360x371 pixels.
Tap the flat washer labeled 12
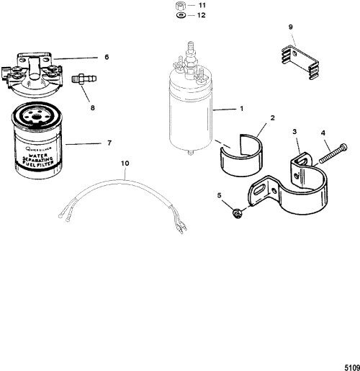(x=181, y=15)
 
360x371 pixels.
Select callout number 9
(x=290, y=27)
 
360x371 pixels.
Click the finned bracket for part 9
(x=300, y=63)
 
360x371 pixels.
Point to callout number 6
(x=107, y=57)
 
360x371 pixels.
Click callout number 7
(x=109, y=143)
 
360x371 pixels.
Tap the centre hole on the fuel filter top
(x=37, y=117)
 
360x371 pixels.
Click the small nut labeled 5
(x=237, y=213)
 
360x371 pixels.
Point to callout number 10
(x=125, y=164)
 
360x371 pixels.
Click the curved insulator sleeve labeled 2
(x=241, y=155)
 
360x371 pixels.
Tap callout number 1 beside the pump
(x=242, y=109)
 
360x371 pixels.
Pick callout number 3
(x=294, y=132)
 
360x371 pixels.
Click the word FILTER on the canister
(x=45, y=164)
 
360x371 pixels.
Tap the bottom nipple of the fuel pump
(x=190, y=152)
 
